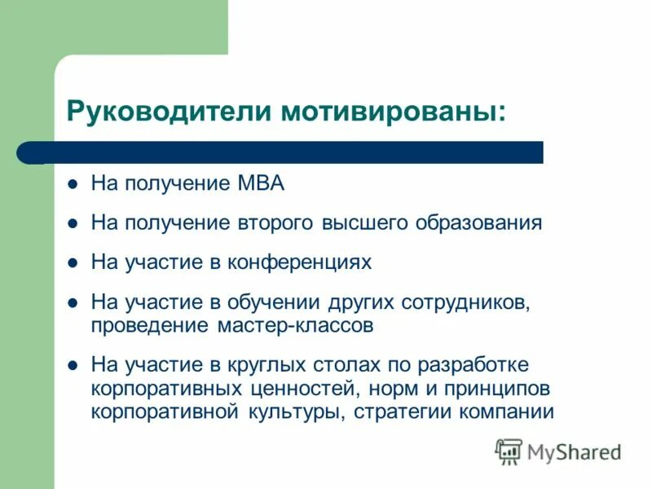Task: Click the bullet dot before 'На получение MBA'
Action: click(73, 183)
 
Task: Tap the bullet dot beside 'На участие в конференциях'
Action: click(73, 262)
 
